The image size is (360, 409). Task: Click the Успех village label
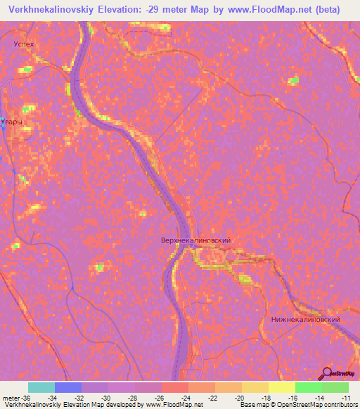24,44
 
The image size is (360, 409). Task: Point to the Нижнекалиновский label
305,319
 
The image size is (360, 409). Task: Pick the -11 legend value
346,397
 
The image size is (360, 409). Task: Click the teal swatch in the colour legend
41,387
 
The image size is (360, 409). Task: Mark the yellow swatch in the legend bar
282,387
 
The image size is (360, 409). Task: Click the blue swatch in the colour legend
68,387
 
